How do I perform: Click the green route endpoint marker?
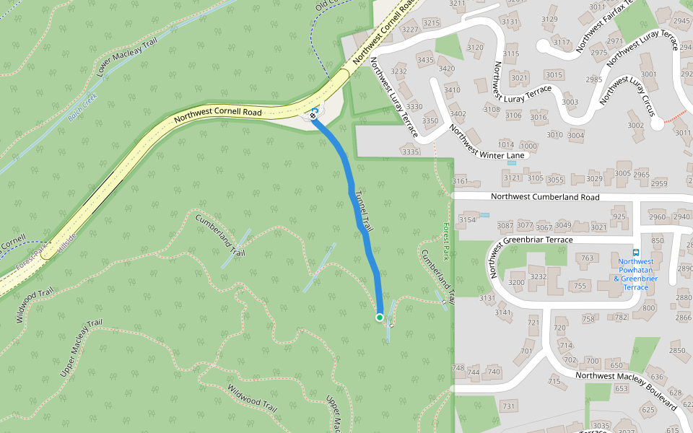pyautogui.click(x=380, y=317)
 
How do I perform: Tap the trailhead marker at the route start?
pyautogui.click(x=314, y=115)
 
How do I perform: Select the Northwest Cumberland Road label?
pyautogui.click(x=544, y=196)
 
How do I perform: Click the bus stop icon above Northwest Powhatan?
pyautogui.click(x=635, y=253)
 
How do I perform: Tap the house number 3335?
pyautogui.click(x=410, y=152)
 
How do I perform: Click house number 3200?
pyautogui.click(x=517, y=282)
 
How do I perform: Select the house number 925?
pyautogui.click(x=619, y=216)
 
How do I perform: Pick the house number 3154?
pyautogui.click(x=467, y=220)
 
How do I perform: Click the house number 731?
pyautogui.click(x=508, y=407)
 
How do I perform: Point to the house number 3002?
pyautogui.click(x=635, y=125)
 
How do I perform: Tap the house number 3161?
pyautogui.click(x=460, y=181)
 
